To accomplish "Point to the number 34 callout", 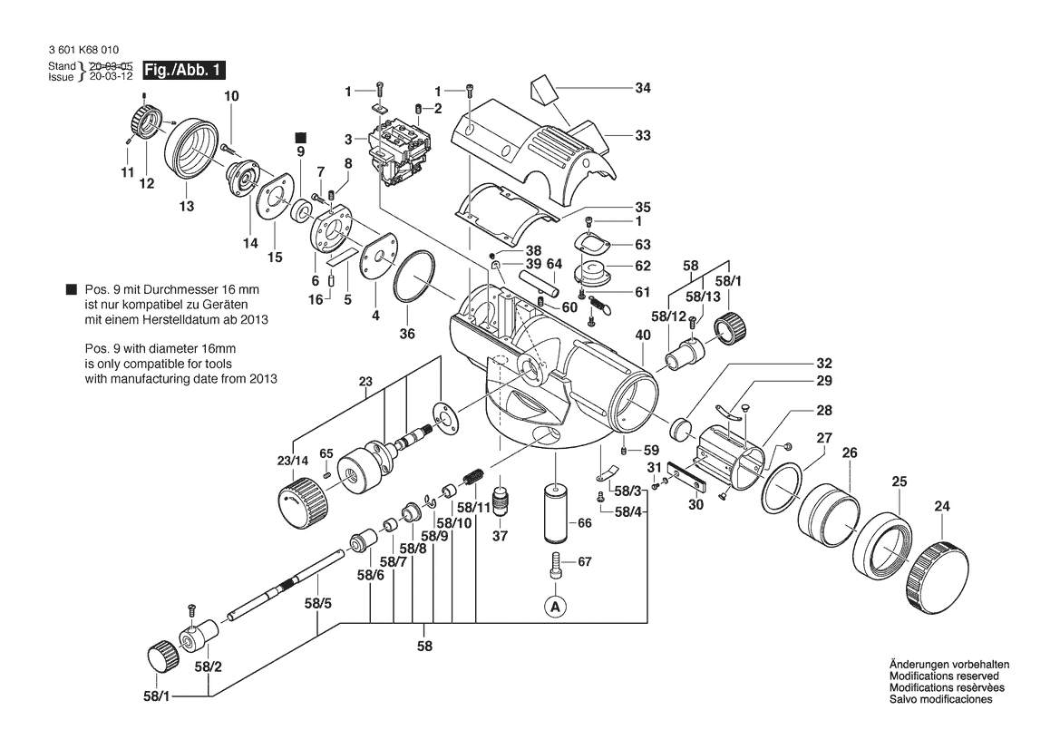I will click(643, 89).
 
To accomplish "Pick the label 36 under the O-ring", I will click(407, 335).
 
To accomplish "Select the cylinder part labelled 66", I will click(555, 514).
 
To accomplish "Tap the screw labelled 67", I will click(555, 567).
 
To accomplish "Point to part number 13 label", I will click(186, 207).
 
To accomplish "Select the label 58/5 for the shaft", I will click(318, 602).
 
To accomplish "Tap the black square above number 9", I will click(301, 137).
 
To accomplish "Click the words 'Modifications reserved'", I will click(943, 676).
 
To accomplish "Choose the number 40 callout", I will click(643, 336).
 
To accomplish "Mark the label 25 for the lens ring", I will click(899, 481).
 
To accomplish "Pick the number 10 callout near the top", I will click(230, 96).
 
